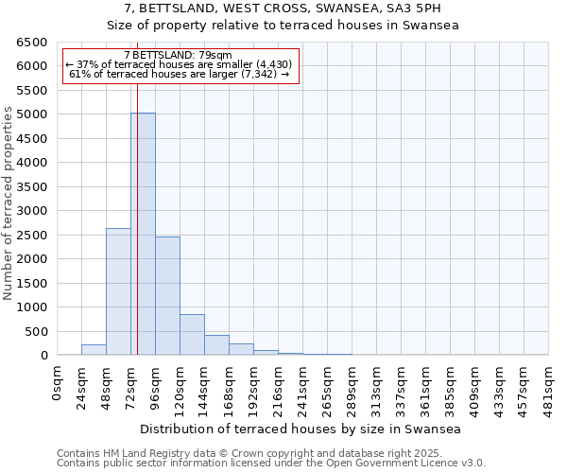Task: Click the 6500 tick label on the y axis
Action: [x=31, y=43]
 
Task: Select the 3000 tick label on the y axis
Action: [x=31, y=211]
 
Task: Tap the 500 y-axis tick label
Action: [x=35, y=331]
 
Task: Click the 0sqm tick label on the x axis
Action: [x=58, y=383]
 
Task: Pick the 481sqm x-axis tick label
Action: [x=549, y=386]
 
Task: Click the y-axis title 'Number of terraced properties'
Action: [x=9, y=203]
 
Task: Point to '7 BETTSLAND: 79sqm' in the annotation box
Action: [x=178, y=56]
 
